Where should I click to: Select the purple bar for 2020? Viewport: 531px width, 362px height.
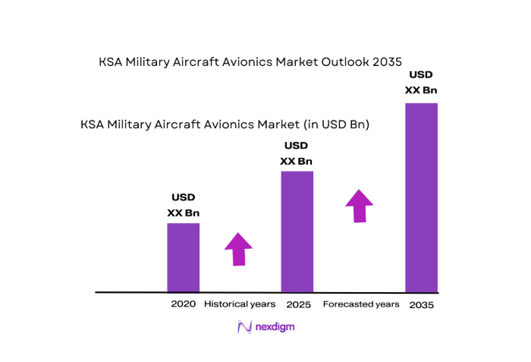[184, 257]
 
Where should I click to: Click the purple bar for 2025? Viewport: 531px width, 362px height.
[297, 231]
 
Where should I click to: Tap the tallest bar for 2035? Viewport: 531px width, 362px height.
[421, 197]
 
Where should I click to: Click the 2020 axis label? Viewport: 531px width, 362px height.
[184, 304]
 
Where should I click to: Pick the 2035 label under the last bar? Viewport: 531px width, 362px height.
[422, 304]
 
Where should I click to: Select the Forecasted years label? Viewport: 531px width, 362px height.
[361, 304]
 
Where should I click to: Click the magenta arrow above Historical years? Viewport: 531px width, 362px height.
[239, 248]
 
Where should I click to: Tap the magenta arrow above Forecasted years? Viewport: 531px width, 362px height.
[359, 206]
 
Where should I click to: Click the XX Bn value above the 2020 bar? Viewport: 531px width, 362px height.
[184, 213]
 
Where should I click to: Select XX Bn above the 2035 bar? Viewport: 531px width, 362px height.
[421, 90]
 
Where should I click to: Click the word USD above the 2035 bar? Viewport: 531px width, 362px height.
[421, 75]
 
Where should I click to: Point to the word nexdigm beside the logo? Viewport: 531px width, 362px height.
[275, 327]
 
